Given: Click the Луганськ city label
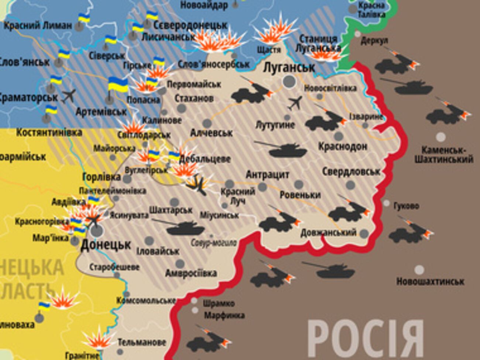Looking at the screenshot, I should (289, 67).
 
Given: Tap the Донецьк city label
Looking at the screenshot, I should (106, 244).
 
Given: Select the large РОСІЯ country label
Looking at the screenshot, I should (366, 339).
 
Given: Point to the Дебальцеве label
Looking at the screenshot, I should (205, 159).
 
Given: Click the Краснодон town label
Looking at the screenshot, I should (343, 146).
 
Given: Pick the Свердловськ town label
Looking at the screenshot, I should (351, 172).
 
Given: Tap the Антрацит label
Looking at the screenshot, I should (267, 174).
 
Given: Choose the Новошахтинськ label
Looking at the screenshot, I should (430, 281).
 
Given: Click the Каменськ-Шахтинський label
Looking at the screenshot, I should (443, 155).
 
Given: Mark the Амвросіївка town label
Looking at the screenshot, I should (191, 273).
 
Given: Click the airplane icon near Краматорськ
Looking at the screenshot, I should (69, 96).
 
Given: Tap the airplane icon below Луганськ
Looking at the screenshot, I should (295, 103).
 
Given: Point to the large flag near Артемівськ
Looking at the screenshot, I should (118, 86).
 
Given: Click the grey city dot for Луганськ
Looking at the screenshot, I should (289, 82).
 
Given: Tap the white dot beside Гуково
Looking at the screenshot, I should (386, 203).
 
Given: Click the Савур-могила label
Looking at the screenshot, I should (214, 243).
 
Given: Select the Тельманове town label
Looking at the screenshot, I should (142, 342).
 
